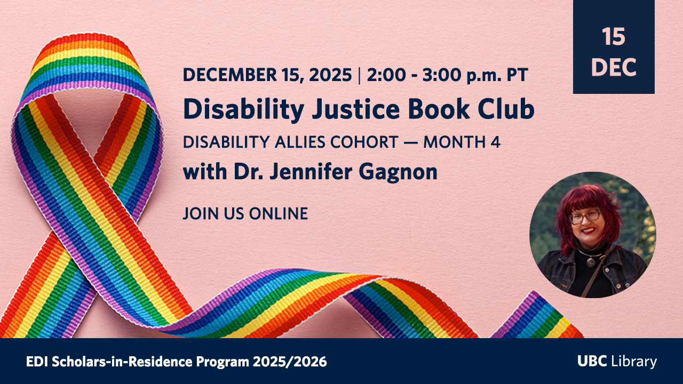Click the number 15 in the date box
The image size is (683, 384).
point(614,37)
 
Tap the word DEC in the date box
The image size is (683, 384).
point(614,67)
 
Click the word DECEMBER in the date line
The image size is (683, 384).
point(229,75)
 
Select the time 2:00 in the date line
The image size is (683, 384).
point(386,75)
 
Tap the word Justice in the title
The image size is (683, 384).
point(355,109)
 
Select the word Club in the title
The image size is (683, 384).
point(506,109)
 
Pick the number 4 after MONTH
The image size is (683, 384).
point(496,142)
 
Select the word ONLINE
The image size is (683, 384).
point(279,213)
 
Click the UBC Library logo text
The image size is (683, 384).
point(617,361)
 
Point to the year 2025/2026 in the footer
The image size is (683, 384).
point(290,362)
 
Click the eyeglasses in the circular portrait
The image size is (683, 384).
point(585,217)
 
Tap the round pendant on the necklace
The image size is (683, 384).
point(591,262)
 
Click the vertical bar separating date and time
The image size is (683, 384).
point(359,75)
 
